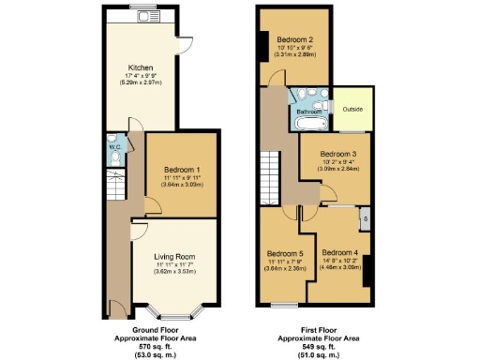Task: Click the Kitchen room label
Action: (x=140, y=67)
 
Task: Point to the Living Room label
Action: (x=175, y=256)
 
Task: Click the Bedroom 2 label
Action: (x=294, y=39)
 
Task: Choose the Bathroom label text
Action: (x=309, y=111)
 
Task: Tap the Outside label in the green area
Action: (x=352, y=109)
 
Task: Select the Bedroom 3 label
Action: (x=339, y=154)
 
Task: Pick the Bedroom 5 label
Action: (x=285, y=253)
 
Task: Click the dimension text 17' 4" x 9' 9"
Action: (x=140, y=76)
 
